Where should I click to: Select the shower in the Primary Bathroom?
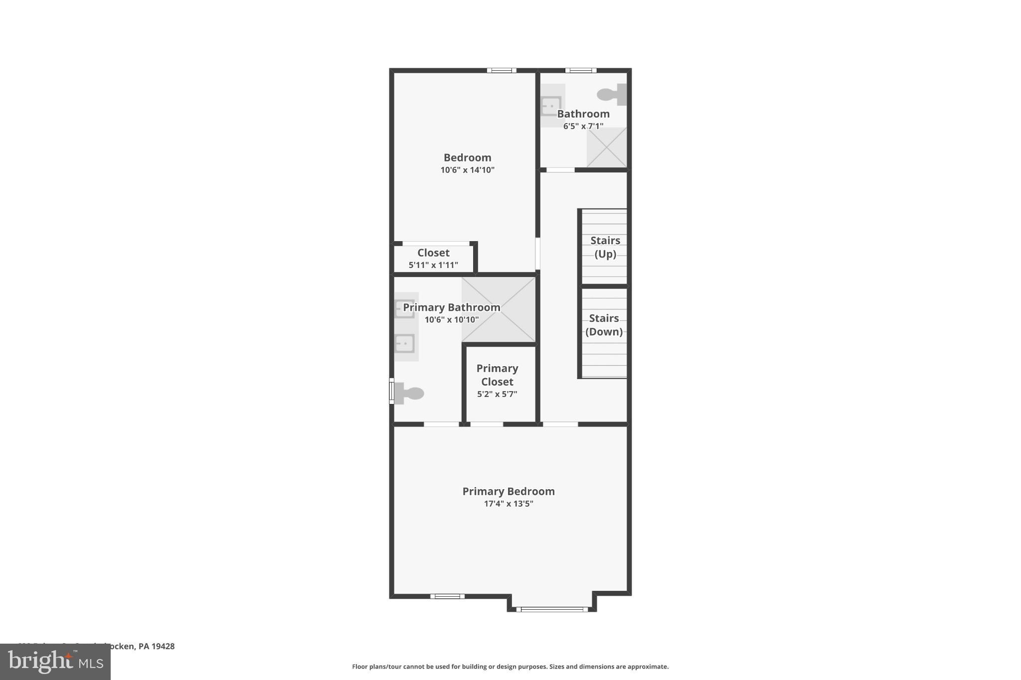coord(499,310)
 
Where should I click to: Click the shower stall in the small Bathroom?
coord(606,147)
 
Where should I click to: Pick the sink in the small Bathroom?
coord(551,106)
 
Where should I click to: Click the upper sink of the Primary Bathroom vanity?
coord(404,309)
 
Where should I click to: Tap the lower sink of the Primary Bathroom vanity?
coord(404,344)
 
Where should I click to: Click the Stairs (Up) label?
coord(605,247)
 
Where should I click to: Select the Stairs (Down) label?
coord(604,325)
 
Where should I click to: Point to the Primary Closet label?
coord(497,375)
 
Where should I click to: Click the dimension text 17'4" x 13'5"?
coord(509,504)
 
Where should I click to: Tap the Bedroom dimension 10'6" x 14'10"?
coord(467,170)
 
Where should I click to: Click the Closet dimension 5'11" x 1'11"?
coord(433,265)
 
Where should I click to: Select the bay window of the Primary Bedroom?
coord(552,609)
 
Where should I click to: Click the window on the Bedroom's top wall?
coord(502,70)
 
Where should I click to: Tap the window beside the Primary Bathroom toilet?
coord(392,391)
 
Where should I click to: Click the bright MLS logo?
coord(55,662)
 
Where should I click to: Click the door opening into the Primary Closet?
coord(487,424)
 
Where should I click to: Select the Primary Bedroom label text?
coord(509,491)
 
